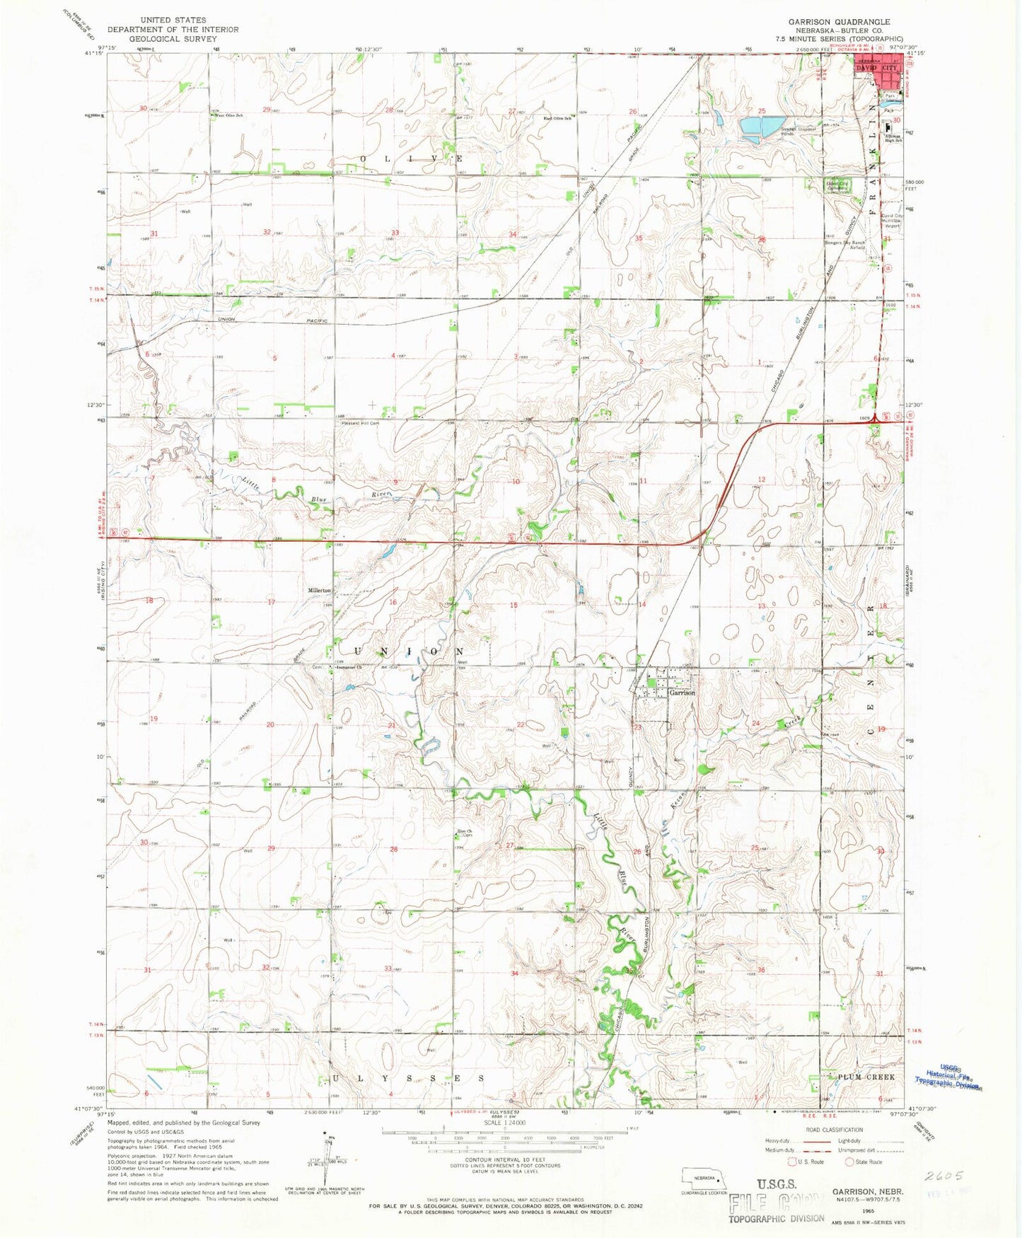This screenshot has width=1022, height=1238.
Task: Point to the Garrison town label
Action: pos(682,693)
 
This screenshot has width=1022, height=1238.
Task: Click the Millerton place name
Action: pos(319,590)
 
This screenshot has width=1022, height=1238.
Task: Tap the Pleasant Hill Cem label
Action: pos(360,424)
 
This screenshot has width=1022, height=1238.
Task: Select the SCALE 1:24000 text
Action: pos(504,1123)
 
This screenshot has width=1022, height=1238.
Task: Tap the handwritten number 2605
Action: pos(943,1176)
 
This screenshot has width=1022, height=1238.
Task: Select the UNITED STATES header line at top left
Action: pos(173,21)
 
